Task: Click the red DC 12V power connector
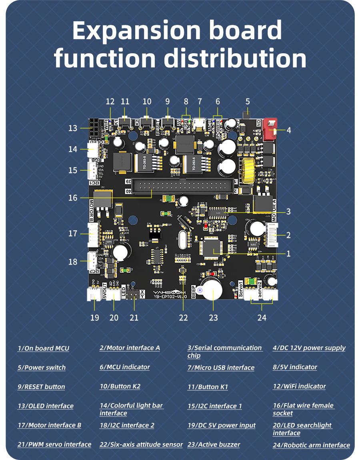pos(271,130)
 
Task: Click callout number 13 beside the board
pos(72,129)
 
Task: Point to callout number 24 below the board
pos(262,317)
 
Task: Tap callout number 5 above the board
pos(248,102)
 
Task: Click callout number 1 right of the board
pos(288,253)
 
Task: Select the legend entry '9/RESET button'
pos(41,387)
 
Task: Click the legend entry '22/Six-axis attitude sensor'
pos(141,444)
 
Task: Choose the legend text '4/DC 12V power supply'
pos(309,348)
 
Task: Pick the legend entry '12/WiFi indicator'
pos(299,386)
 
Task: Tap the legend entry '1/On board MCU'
pos(43,348)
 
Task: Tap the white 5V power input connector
pos(94,295)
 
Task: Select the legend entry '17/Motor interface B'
pos(49,425)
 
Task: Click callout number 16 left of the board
pos(72,198)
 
